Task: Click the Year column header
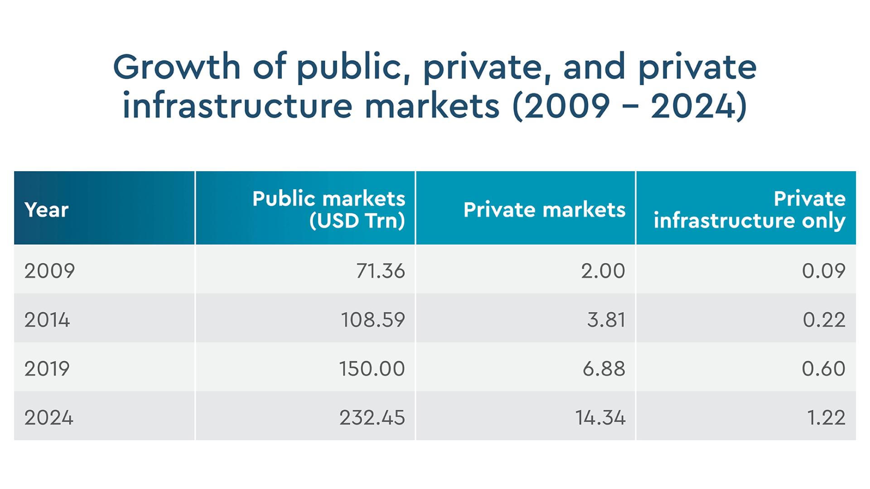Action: [x=46, y=210]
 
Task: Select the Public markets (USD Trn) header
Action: [x=329, y=210]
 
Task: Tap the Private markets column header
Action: [x=544, y=210]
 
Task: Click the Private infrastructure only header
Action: [x=749, y=210]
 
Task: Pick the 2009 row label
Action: [x=49, y=271]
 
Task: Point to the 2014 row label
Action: [x=47, y=320]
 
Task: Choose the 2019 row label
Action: [x=47, y=369]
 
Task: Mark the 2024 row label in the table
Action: [x=48, y=417]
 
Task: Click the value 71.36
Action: [x=380, y=271]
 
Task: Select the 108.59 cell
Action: [x=372, y=320]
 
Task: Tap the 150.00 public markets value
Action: [x=372, y=369]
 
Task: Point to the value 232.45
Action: [x=372, y=417]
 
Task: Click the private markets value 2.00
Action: [x=603, y=271]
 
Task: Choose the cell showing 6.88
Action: [x=604, y=369]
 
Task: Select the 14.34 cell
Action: [x=600, y=417]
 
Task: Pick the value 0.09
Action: [x=823, y=271]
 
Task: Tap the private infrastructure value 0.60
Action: [x=823, y=369]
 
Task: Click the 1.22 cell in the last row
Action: [x=826, y=417]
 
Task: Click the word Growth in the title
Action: [x=177, y=67]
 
